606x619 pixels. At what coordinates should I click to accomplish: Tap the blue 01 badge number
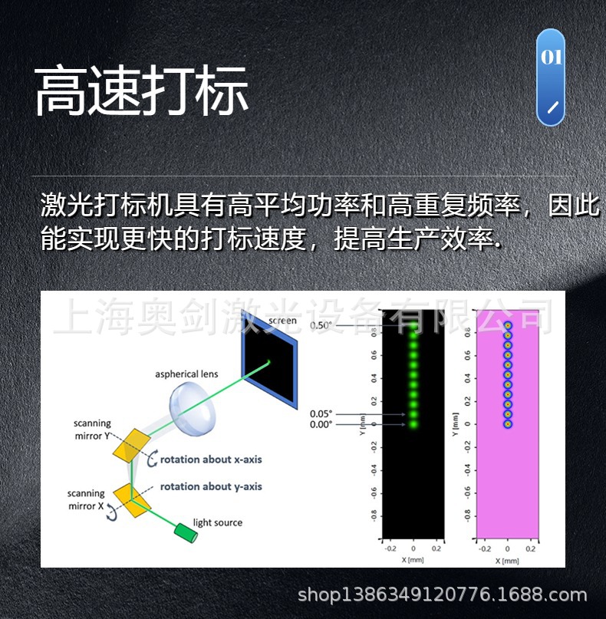(x=552, y=58)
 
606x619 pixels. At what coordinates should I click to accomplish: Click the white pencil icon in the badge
(x=552, y=105)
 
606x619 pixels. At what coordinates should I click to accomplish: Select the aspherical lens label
(x=186, y=374)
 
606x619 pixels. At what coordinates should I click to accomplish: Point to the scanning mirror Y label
(x=91, y=429)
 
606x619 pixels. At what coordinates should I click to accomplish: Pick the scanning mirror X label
(x=85, y=500)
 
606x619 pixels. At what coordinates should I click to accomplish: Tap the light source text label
(x=218, y=523)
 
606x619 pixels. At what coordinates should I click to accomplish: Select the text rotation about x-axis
(x=211, y=459)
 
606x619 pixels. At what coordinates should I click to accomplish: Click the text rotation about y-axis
(x=211, y=486)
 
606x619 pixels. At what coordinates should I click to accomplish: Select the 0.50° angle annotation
(x=321, y=326)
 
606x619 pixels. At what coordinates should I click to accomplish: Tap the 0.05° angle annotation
(x=321, y=414)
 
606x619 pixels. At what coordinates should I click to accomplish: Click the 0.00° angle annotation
(x=321, y=424)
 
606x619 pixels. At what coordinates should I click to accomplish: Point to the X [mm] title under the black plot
(x=412, y=561)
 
